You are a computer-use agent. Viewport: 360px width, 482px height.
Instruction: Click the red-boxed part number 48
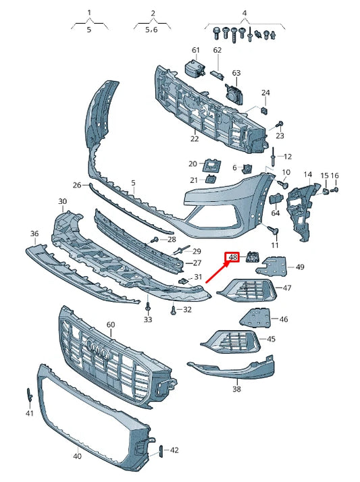coord(233,257)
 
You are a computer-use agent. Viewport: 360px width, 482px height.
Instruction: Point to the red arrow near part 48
coord(215,272)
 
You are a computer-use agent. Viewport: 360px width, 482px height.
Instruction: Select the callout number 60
coord(111,325)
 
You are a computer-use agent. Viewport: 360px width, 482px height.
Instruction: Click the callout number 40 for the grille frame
coord(77,456)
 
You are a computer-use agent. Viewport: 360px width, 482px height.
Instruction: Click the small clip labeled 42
coord(160,450)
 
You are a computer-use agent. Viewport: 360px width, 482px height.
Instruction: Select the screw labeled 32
coord(174,309)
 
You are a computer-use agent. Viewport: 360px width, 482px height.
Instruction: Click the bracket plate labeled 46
coord(257,317)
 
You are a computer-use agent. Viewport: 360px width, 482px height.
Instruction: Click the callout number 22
coord(195,139)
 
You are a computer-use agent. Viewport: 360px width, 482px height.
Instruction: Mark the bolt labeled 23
coord(280,124)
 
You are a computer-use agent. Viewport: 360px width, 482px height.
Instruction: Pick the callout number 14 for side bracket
coord(307,175)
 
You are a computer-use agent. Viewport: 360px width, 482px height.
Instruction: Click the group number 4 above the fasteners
coord(245,13)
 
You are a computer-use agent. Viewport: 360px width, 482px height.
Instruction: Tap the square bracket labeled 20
coord(213,164)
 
